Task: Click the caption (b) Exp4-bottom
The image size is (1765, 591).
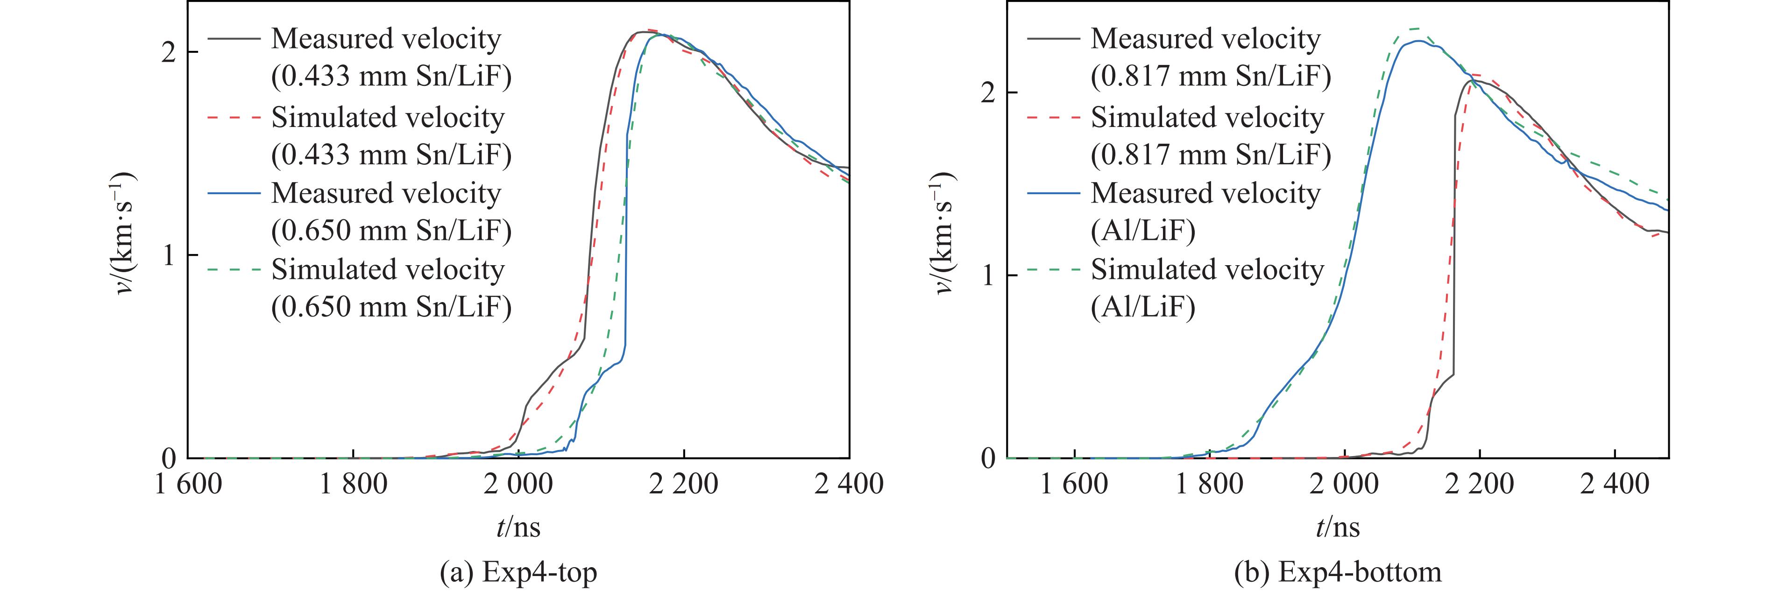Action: [1338, 571]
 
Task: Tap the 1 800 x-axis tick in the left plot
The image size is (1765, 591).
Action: [353, 484]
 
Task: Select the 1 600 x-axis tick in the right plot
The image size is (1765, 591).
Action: [1074, 484]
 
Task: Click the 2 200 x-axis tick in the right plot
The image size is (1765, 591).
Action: [1480, 484]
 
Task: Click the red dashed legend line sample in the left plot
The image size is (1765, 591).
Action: [234, 117]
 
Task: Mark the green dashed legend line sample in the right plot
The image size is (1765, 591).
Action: [1053, 269]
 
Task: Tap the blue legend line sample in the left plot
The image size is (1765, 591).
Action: [234, 193]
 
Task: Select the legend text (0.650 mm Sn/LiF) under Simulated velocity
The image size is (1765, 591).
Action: [391, 307]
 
